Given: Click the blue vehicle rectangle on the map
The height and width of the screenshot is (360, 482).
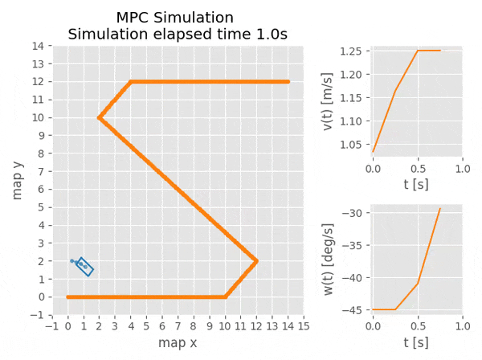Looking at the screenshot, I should pyautogui.click(x=84, y=267).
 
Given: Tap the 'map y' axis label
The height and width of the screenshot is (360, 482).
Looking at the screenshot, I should pyautogui.click(x=18, y=180).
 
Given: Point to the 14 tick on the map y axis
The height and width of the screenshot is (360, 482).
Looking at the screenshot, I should pyautogui.click(x=37, y=46).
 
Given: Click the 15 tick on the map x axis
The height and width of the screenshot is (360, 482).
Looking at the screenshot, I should pyautogui.click(x=304, y=325).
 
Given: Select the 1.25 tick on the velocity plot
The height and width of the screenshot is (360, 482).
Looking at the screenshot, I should pyautogui.click(x=352, y=51).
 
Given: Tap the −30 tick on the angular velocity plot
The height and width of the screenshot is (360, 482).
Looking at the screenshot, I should pyautogui.click(x=354, y=213).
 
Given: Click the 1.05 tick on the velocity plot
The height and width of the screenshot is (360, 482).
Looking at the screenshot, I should pyautogui.click(x=352, y=145).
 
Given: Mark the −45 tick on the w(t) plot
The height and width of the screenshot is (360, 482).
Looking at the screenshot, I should pyautogui.click(x=354, y=309).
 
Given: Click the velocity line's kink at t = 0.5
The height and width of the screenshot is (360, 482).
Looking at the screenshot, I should pyautogui.click(x=418, y=51).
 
